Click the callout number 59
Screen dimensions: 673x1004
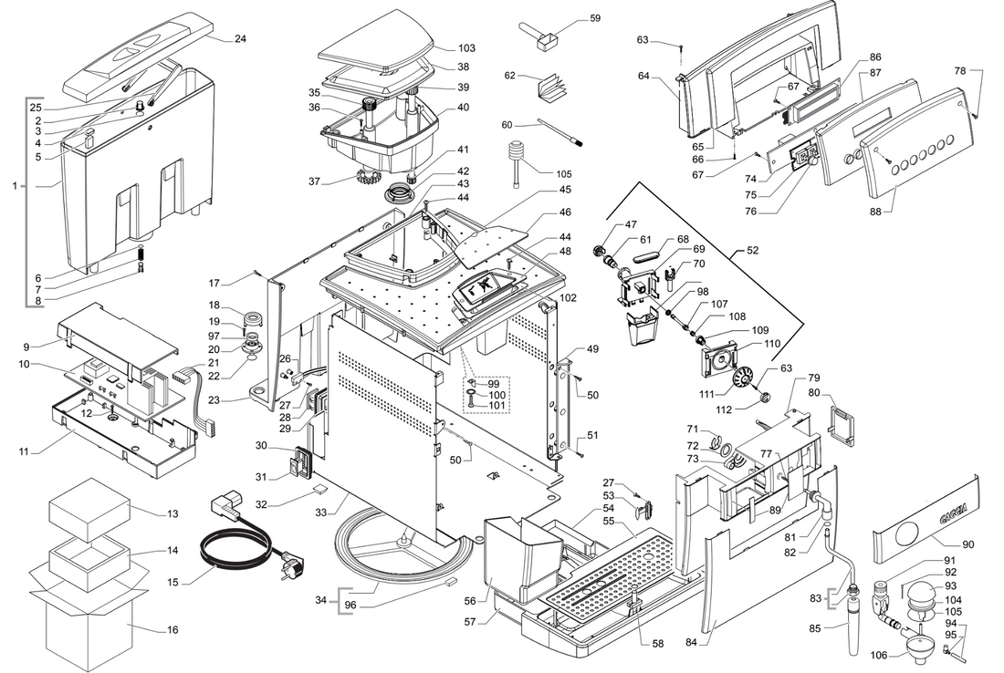(x=595, y=18)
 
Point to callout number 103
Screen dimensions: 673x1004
(x=466, y=47)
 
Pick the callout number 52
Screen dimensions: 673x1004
(x=752, y=249)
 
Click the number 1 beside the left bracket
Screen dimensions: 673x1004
(x=15, y=186)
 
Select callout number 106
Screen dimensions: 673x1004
(x=878, y=655)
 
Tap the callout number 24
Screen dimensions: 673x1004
(x=240, y=39)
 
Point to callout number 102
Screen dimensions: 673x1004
(x=569, y=297)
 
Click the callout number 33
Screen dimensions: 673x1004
(x=347, y=513)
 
